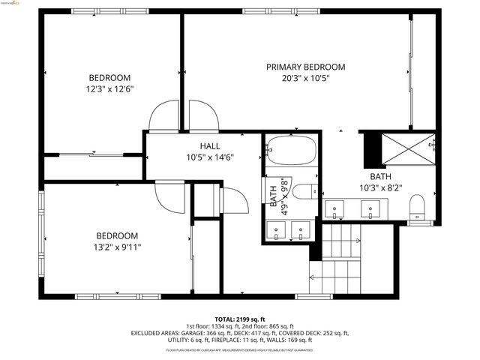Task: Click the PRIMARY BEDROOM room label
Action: coord(305,67)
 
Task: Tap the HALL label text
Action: coord(209,145)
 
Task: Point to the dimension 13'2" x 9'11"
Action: coord(116,246)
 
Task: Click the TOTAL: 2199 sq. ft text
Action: coord(240,319)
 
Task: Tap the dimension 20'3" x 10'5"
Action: coord(305,77)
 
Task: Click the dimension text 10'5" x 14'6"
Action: coord(209,157)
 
